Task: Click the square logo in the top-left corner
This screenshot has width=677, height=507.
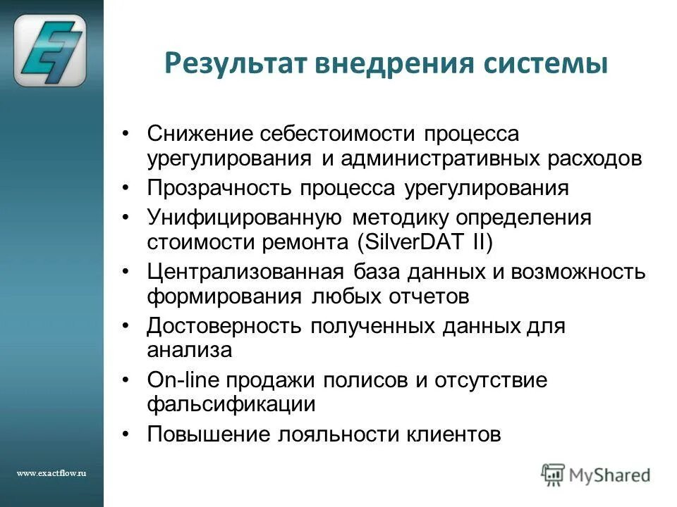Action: coord(51,51)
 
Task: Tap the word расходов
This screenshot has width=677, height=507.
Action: coord(595,158)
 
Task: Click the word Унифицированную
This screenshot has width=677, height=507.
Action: coord(245,217)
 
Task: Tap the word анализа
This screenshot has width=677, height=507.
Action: coord(189,350)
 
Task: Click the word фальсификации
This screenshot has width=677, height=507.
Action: coord(221,405)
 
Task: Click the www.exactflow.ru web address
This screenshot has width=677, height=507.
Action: coord(51,473)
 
